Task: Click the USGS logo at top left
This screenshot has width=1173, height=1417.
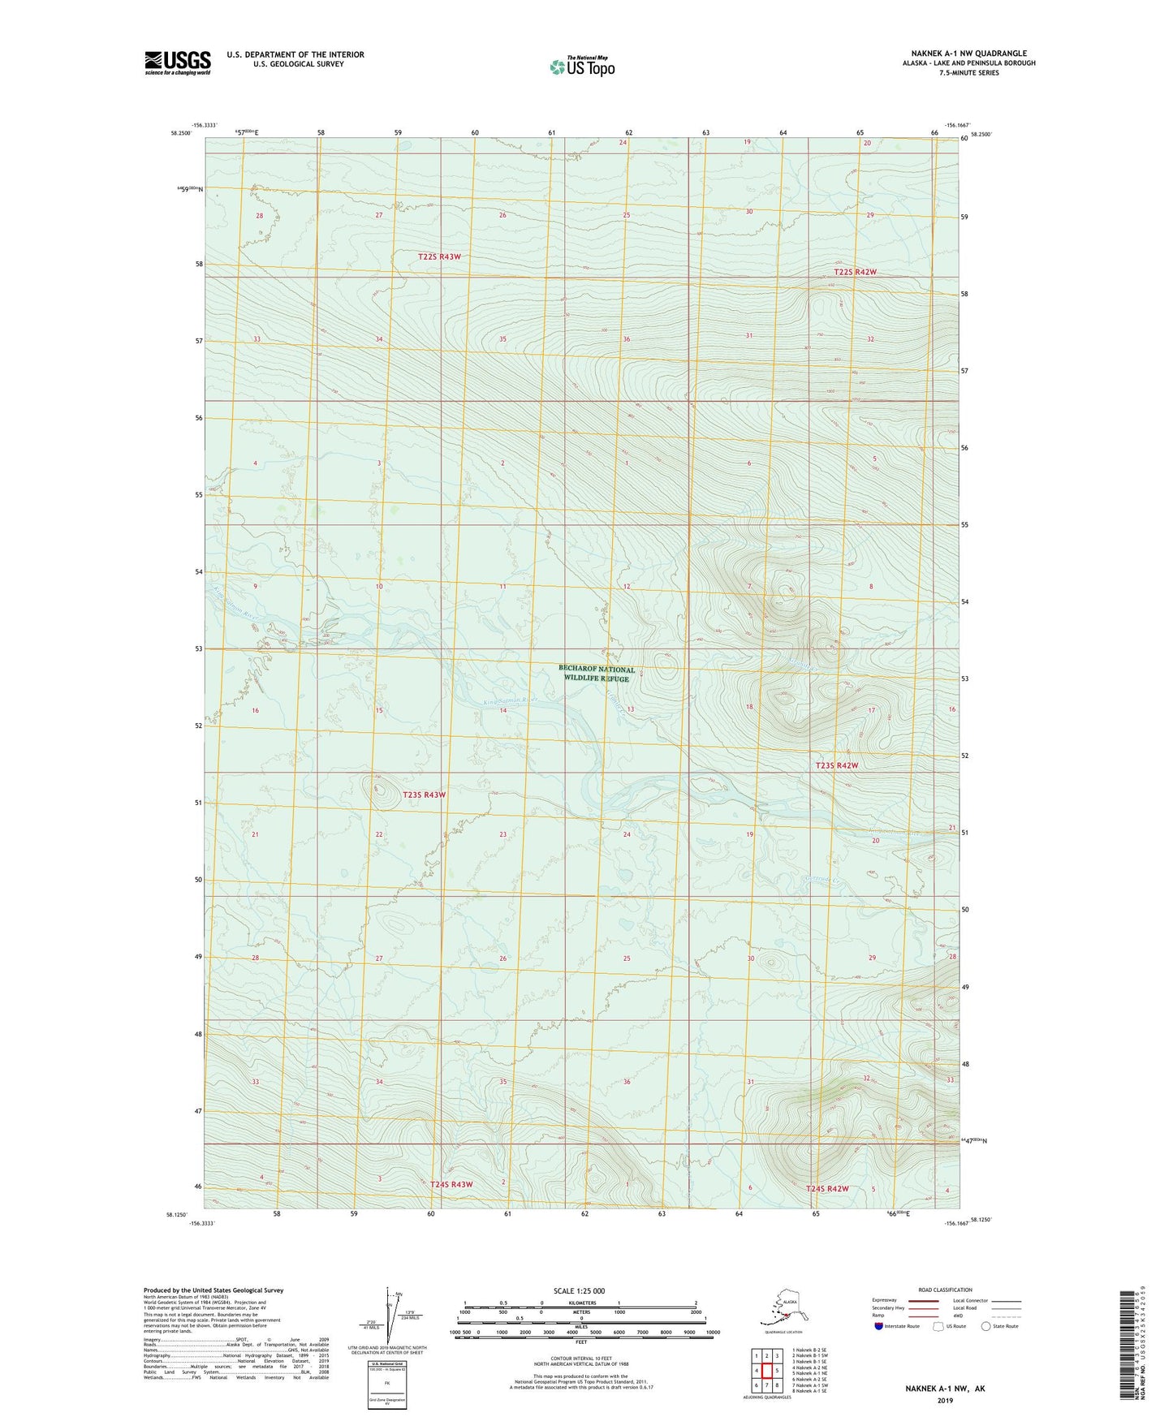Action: pyautogui.click(x=177, y=62)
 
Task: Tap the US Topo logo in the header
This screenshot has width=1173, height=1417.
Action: pyautogui.click(x=581, y=67)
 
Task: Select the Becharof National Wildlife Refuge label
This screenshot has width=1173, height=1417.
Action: pyautogui.click(x=597, y=674)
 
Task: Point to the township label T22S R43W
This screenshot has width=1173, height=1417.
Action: pyautogui.click(x=439, y=256)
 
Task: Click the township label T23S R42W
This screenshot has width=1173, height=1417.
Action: pyautogui.click(x=836, y=765)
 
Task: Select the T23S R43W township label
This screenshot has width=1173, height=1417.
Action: pyautogui.click(x=424, y=795)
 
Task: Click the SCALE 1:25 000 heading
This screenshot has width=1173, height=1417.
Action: pyautogui.click(x=580, y=1290)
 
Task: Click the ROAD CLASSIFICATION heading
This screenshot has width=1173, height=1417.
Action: pyautogui.click(x=945, y=1290)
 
